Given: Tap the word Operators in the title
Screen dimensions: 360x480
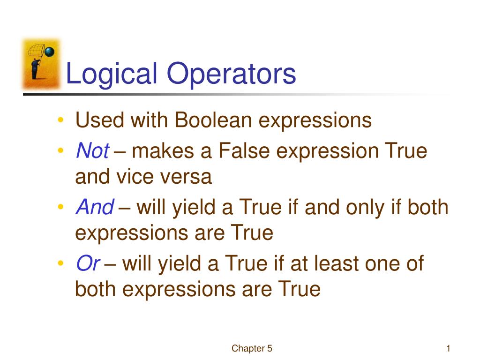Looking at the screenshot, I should click(x=231, y=74).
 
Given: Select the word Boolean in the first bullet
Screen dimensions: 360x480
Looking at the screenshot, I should click(x=214, y=120).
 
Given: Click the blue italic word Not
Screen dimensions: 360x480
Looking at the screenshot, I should click(x=92, y=151).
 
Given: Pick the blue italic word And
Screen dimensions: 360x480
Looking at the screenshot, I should click(x=94, y=207).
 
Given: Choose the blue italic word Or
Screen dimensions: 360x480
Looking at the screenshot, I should click(x=87, y=263).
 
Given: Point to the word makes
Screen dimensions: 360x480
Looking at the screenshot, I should click(x=163, y=151).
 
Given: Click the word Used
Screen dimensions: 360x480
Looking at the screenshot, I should click(x=100, y=120).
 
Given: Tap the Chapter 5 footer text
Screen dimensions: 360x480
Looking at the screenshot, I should click(x=252, y=348).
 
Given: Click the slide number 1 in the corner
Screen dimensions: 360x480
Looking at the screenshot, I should click(x=448, y=348).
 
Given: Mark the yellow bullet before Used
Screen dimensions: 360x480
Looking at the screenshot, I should click(x=61, y=120).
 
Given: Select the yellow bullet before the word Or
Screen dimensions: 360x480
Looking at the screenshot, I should click(x=61, y=263).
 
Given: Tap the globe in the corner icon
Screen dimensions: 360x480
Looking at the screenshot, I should click(x=50, y=52).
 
